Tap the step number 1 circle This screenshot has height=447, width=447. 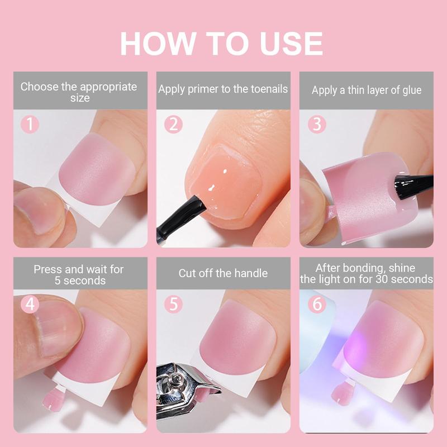29,123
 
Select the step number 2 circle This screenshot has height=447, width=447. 173,123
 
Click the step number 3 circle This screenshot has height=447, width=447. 316,123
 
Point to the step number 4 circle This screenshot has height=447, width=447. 29,305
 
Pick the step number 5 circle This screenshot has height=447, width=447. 173,305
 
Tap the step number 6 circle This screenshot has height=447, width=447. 316,305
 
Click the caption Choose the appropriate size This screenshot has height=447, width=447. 79,92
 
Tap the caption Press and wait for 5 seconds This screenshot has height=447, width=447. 79,274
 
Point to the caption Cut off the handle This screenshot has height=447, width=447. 223,273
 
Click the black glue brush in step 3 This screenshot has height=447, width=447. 414,182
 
